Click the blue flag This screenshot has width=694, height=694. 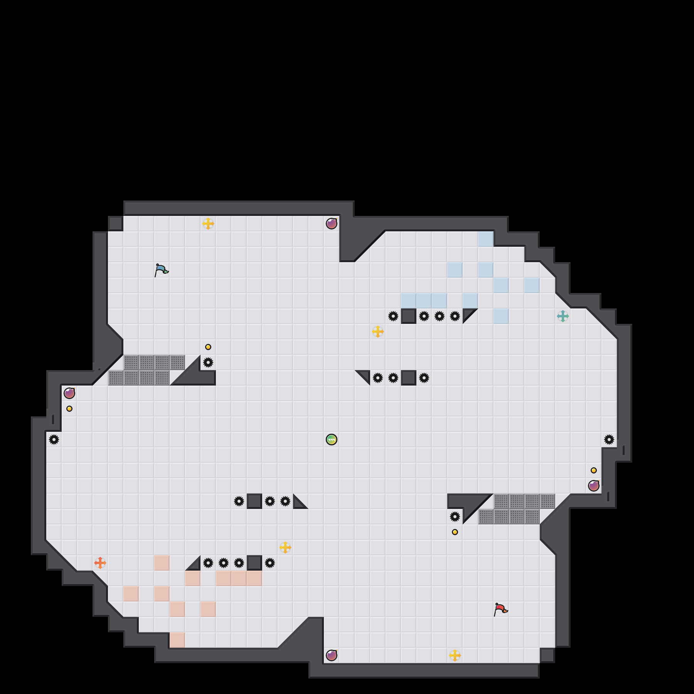[x=161, y=270]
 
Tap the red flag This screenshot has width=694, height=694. [x=500, y=609]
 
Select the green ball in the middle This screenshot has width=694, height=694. [x=332, y=440]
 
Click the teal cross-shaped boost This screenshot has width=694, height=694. [x=563, y=316]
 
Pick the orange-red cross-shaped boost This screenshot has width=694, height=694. [x=100, y=563]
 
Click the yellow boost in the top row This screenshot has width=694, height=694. [x=208, y=224]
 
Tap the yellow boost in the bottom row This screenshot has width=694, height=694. [x=455, y=655]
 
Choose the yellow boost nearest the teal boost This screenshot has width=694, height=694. [x=378, y=332]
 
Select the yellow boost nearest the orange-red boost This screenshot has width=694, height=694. [x=285, y=547]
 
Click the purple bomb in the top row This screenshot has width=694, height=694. [x=332, y=224]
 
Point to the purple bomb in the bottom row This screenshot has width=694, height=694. [x=332, y=655]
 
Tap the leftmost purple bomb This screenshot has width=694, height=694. [x=69, y=393]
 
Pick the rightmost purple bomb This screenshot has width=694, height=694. [x=594, y=486]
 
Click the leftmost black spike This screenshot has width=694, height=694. [x=54, y=440]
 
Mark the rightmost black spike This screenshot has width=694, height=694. [x=609, y=440]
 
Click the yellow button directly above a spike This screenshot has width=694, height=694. [x=208, y=347]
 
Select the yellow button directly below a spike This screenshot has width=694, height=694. [x=455, y=532]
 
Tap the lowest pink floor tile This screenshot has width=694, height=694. [x=177, y=640]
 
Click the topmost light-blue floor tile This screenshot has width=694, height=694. [x=486, y=239]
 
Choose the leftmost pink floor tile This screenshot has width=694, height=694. [x=131, y=594]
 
